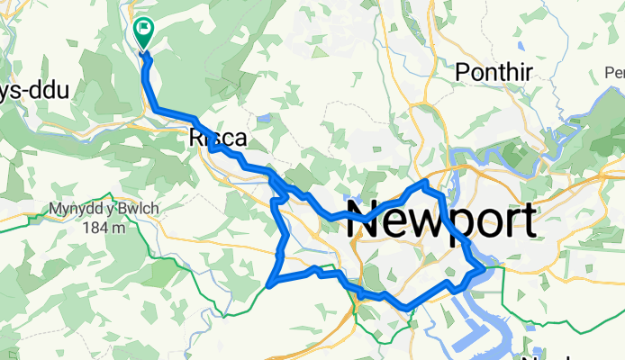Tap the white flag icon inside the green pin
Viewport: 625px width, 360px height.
pos(142,30)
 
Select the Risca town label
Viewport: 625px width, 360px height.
pos(213,139)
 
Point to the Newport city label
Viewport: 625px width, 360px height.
pos(441,221)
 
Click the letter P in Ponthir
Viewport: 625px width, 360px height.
pos(463,71)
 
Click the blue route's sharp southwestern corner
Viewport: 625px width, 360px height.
pos(270,286)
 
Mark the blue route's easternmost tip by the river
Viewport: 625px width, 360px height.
pos(485,267)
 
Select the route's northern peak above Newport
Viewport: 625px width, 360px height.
pos(426,183)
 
